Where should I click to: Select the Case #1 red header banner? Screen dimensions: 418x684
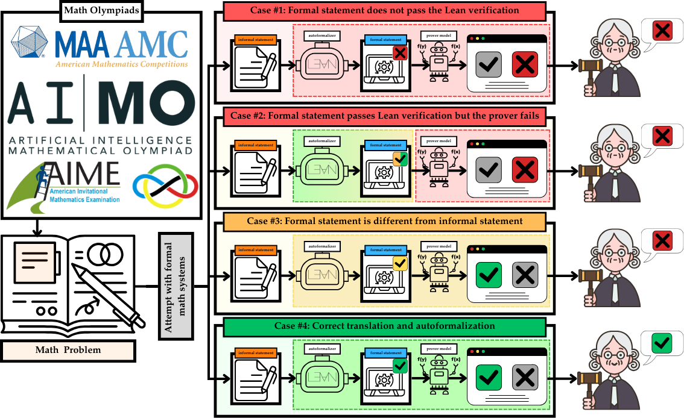(384, 10)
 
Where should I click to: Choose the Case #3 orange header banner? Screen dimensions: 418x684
(384, 221)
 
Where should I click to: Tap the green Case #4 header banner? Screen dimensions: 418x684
(384, 326)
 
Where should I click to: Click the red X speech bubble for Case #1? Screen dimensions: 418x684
(662, 30)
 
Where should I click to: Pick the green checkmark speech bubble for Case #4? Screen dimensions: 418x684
(662, 344)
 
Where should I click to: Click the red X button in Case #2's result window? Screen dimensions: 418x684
(525, 170)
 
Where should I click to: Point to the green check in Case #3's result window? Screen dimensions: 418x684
(489, 275)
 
